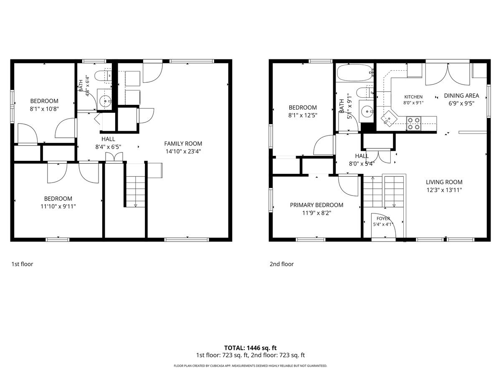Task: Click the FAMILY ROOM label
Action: tap(183, 144)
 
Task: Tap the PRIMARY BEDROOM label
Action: tap(316, 205)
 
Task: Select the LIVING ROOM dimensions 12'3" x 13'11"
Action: tap(444, 190)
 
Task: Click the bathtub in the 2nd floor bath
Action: tap(355, 73)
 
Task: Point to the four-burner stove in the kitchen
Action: tap(413, 123)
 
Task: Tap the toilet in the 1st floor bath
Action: tap(103, 76)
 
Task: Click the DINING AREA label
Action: tap(461, 96)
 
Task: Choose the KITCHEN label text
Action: tap(413, 97)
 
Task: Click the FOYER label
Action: tap(383, 218)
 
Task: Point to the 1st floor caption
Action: tap(23, 264)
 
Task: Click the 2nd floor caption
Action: tap(282, 264)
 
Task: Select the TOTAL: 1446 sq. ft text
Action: tap(250, 348)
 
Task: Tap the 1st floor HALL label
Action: tap(108, 139)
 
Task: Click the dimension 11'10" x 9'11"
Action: tap(58, 206)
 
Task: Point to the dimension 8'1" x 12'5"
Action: tap(303, 115)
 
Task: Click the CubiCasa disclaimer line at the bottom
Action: tap(250, 366)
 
